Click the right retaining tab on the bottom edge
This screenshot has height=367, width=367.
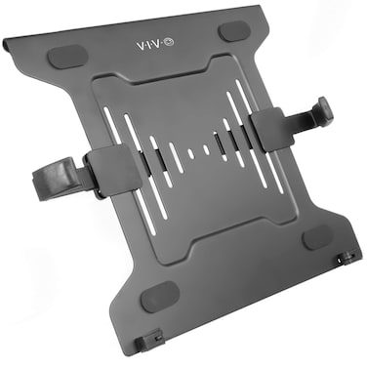coord(343,260)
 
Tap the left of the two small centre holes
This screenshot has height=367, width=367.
coord(191,153)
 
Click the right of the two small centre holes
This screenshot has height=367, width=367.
coord(205,150)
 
